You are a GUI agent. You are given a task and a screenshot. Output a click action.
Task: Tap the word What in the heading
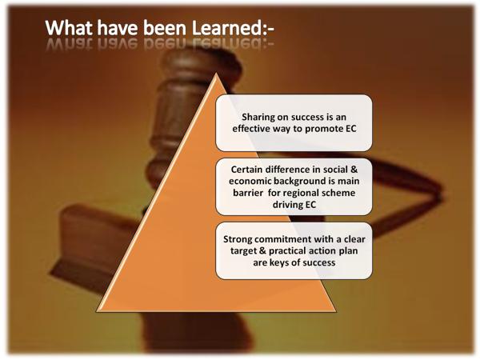coord(70,28)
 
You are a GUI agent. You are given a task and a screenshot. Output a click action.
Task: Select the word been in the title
coord(165,28)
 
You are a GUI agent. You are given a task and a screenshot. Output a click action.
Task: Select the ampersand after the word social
coord(354,170)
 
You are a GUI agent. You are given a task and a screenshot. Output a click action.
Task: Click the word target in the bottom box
coord(243,251)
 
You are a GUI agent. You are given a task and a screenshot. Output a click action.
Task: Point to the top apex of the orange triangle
coord(216,74)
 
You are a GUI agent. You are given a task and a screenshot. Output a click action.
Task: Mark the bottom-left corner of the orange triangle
coord(97,311)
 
